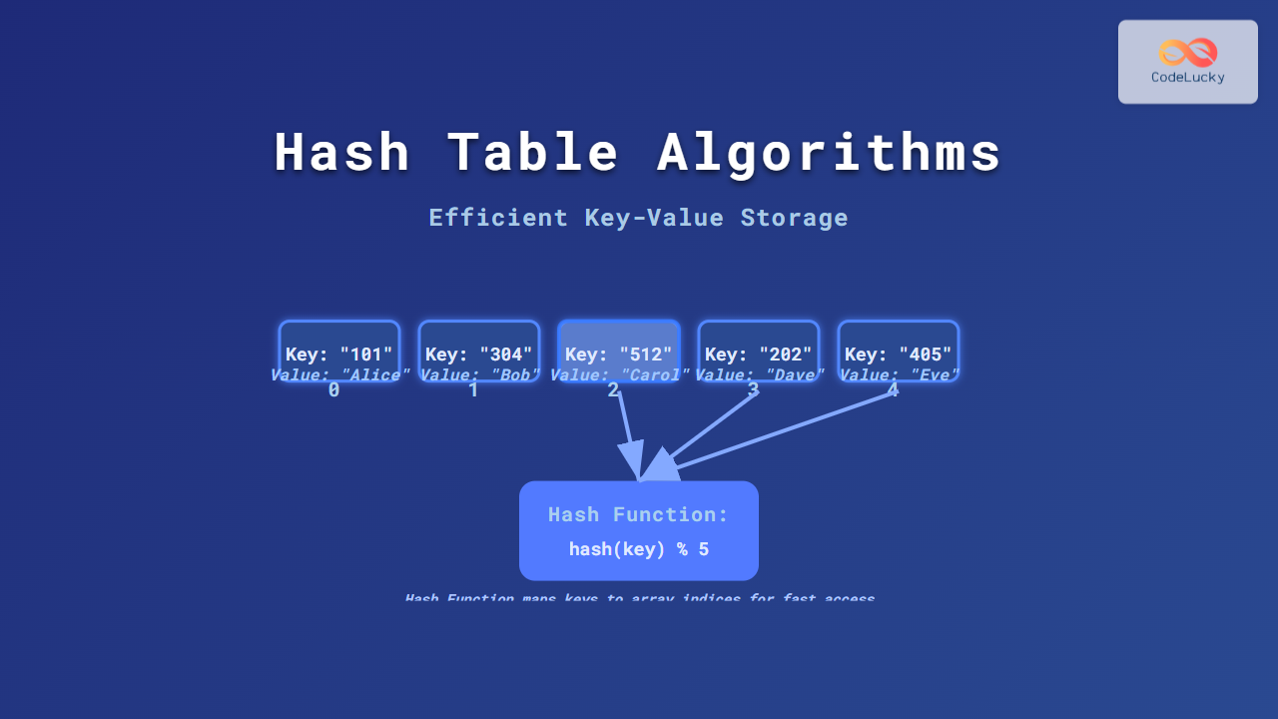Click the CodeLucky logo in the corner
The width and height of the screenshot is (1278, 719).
tap(1187, 61)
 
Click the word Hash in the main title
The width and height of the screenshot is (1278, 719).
tap(341, 153)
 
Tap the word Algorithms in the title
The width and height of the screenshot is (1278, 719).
tap(830, 153)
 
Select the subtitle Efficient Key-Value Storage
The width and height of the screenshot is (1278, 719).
tap(638, 218)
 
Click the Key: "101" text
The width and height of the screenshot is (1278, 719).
tap(339, 355)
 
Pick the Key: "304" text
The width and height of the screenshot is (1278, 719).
tap(479, 355)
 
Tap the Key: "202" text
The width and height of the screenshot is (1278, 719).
tap(759, 355)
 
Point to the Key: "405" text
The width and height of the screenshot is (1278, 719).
tap(899, 355)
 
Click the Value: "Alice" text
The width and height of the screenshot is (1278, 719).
tap(339, 375)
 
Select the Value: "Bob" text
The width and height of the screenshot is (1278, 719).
tap(479, 375)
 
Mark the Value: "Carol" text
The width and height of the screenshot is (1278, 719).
tap(619, 375)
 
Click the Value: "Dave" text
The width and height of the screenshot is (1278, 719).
tap(759, 375)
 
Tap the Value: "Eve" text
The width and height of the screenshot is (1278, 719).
tap(899, 375)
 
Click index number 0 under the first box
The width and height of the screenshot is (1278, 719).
tap(333, 390)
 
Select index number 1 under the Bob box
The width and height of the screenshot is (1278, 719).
tap(473, 390)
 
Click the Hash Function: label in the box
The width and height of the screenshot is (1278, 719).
tap(638, 515)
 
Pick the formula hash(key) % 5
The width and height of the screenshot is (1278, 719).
tap(638, 549)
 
